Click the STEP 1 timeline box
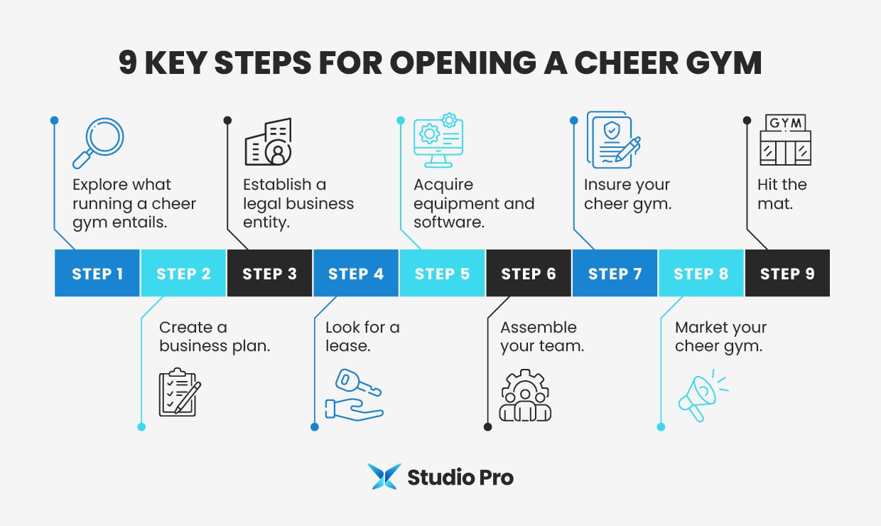97,273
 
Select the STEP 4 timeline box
355,273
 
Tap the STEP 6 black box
529,273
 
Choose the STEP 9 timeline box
787,273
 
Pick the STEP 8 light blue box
701,273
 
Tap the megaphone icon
701,397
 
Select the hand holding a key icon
354,394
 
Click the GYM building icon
785,141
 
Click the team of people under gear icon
525,395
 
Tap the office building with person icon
269,142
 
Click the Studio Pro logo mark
384,477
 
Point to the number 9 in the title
128,63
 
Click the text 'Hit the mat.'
782,194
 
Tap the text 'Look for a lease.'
362,337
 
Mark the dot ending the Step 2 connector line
141,427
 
